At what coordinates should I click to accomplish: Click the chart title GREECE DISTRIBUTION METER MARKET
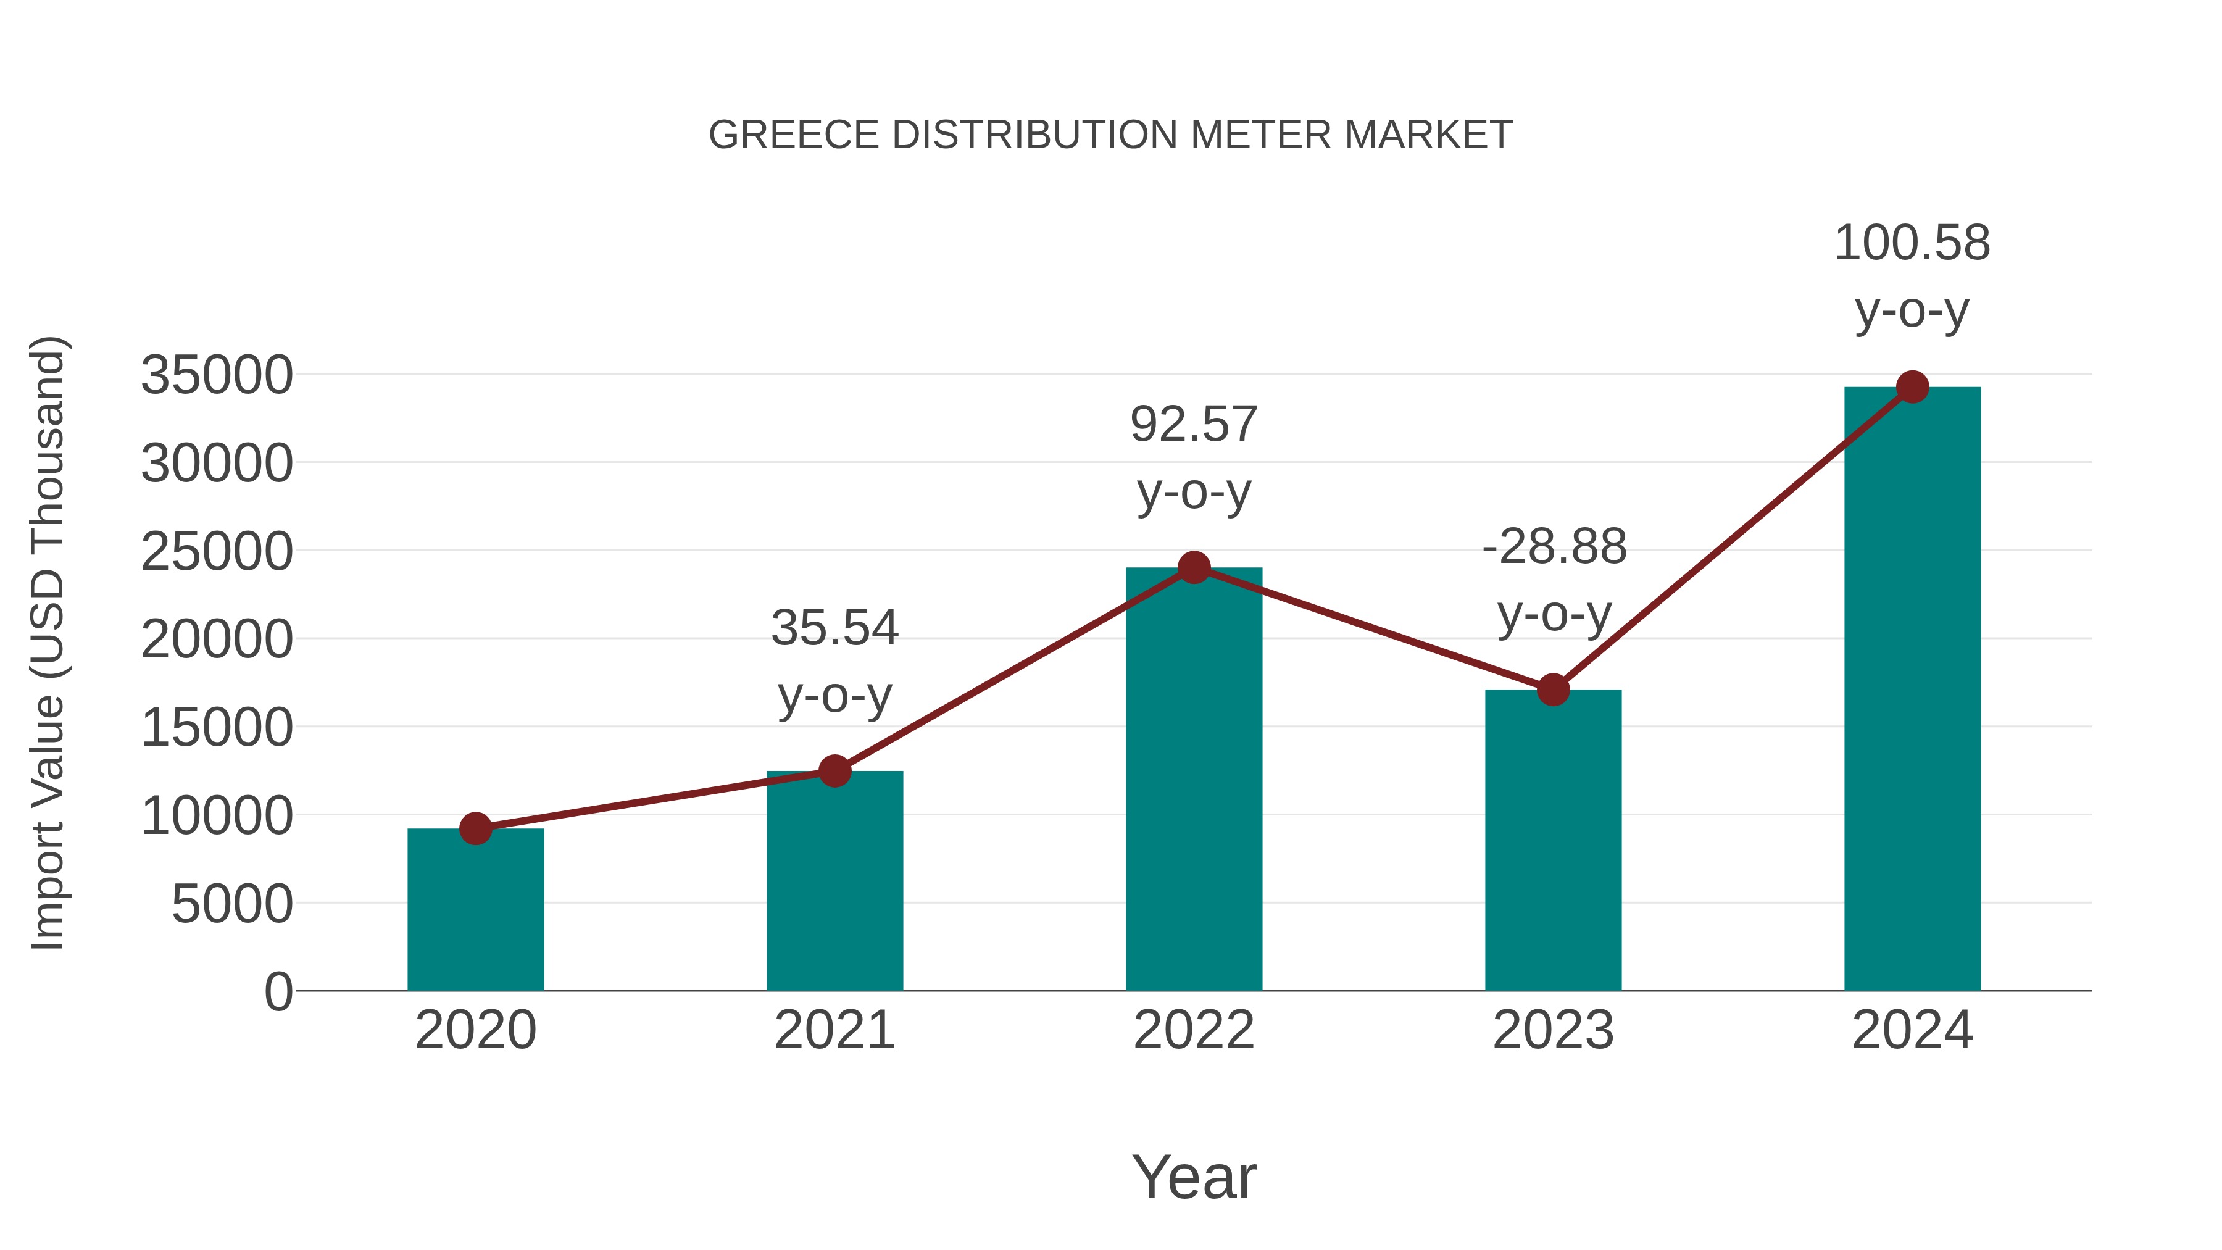tap(1110, 135)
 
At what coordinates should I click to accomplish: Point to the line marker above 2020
tap(475, 828)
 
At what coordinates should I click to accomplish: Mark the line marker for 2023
tap(1553, 690)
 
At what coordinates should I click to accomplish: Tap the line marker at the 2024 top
tap(1912, 386)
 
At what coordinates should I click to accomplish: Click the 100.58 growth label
tap(1912, 243)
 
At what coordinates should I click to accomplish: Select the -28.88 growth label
tap(1554, 547)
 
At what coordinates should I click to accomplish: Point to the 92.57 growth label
tap(1194, 425)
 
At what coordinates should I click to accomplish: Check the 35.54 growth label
tap(834, 628)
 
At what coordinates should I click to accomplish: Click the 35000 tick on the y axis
tap(217, 375)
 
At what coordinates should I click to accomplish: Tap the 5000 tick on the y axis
tap(232, 904)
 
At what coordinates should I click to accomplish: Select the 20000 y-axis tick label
tap(217, 640)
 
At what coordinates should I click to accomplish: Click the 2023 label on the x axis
tap(1553, 1030)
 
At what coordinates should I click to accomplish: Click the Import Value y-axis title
tap(48, 643)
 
